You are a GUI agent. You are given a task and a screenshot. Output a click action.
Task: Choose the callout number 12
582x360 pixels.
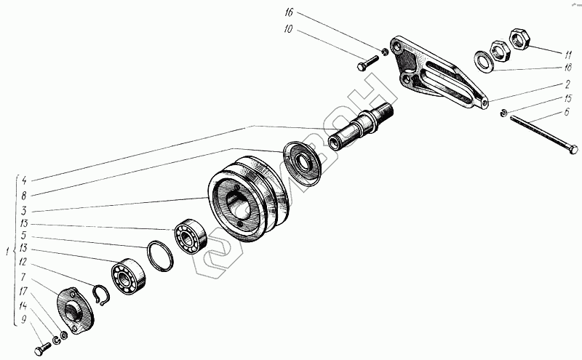[x=23, y=263]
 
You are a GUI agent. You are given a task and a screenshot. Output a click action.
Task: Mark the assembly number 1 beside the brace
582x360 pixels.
[x=7, y=252]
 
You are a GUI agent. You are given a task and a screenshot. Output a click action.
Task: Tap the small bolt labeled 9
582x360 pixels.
[x=41, y=350]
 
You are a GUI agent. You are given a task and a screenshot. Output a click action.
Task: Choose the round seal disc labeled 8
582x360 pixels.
[x=301, y=161]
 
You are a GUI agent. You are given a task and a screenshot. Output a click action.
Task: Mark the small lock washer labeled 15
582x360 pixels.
[x=503, y=112]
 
